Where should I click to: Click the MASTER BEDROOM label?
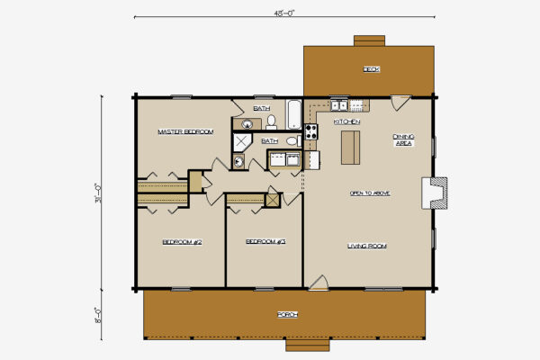[185, 131]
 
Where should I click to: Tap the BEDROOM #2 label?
[181, 241]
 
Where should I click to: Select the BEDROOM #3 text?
[265, 241]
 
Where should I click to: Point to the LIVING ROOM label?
[367, 246]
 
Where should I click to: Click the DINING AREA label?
[403, 140]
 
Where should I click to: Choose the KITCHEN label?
[347, 121]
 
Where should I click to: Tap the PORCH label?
[287, 314]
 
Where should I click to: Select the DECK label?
[370, 69]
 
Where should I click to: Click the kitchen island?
[349, 148]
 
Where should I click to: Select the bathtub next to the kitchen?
[294, 114]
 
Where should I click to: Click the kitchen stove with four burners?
[310, 131]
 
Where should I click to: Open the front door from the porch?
[318, 282]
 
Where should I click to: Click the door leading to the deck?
[400, 103]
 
